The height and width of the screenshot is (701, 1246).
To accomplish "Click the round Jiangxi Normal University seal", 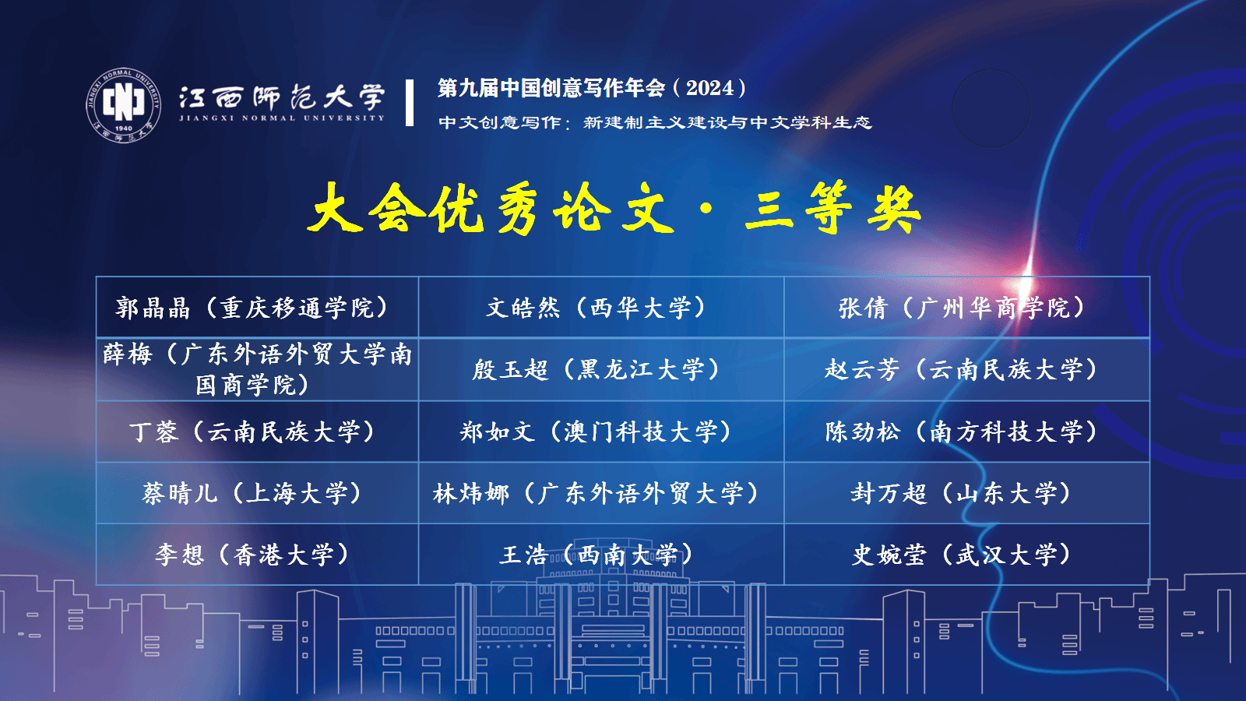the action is pos(124,105).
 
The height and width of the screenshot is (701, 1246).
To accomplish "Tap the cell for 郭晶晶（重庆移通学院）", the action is pos(257,307).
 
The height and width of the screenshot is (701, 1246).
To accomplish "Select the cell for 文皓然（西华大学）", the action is pos(600,307).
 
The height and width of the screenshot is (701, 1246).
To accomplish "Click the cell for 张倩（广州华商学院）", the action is pos(966,307).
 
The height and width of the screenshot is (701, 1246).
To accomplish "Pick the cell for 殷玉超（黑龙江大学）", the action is pos(600,369).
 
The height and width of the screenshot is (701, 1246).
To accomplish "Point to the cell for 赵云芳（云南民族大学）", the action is pos(966,369).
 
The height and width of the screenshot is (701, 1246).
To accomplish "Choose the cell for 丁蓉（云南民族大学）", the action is pos(257,432).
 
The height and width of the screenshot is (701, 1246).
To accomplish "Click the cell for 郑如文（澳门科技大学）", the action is pos(600,432).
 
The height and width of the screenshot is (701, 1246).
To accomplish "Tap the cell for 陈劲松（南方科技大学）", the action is pos(966,432).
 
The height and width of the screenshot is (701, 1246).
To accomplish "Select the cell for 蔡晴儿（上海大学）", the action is pos(257,493).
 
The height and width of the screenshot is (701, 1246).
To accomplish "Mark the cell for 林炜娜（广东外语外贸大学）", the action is pos(600,493).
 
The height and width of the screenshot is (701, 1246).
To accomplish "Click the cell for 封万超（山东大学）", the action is pos(966,493).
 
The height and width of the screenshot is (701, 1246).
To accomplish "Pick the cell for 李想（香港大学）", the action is pos(257,554).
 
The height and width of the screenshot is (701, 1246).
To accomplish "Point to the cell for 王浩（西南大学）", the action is pos(600,554).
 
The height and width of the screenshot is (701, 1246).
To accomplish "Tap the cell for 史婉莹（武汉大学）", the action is pos(966,554).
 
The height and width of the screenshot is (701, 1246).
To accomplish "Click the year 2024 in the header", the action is pos(709,88).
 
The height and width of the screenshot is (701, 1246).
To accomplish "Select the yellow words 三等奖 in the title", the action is pos(832,209).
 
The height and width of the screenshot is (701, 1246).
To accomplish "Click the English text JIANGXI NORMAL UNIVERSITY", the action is pos(282,118).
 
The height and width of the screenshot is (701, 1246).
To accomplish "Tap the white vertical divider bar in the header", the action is pos(410,102).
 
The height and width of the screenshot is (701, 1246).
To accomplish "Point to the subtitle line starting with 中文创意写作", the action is pos(655,122).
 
